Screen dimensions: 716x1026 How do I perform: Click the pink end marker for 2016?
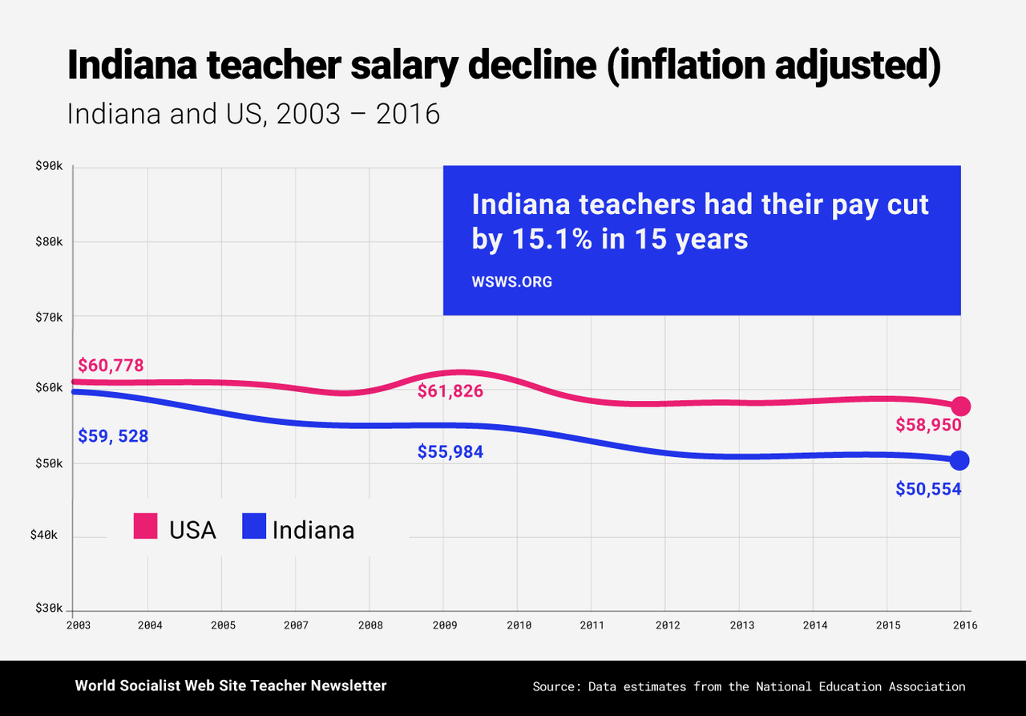tap(960, 407)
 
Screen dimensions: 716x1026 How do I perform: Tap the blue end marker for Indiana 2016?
tap(959, 460)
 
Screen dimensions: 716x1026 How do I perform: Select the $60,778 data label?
tap(111, 366)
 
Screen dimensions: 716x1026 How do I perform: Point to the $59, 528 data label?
tap(113, 437)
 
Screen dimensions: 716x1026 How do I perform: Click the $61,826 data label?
tap(450, 391)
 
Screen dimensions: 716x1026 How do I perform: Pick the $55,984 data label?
tap(450, 452)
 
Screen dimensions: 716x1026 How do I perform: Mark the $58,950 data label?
tap(928, 425)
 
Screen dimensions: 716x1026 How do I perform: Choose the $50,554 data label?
tap(928, 488)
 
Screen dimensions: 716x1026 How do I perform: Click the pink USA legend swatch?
tap(144, 528)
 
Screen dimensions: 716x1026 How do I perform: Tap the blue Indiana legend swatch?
tap(253, 528)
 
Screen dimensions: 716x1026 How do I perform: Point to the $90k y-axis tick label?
tap(49, 167)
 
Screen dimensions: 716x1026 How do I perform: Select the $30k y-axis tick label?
tap(49, 609)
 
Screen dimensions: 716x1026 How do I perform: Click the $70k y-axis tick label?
tap(49, 317)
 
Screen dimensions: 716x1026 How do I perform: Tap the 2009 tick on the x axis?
tap(443, 625)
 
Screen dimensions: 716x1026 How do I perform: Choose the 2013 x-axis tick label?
tap(739, 625)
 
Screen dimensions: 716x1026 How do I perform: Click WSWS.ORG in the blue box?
tap(511, 282)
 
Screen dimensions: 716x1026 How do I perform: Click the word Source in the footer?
tap(556, 686)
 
